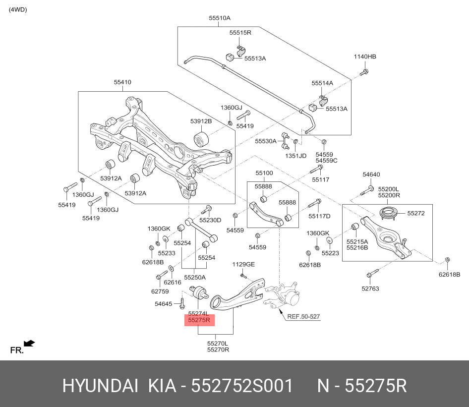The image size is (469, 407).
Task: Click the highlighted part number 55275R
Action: (x=199, y=321)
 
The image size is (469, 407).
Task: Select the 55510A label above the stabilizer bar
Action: (x=220, y=18)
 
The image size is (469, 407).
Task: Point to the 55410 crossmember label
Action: (x=122, y=82)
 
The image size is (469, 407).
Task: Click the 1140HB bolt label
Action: (x=365, y=57)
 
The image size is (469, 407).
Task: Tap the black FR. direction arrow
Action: (x=29, y=343)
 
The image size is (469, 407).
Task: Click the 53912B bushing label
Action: (x=201, y=121)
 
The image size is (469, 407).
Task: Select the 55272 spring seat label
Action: (x=416, y=213)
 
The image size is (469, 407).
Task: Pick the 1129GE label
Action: (x=243, y=264)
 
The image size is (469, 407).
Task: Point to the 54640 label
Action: (x=371, y=174)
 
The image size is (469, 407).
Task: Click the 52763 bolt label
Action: (x=370, y=288)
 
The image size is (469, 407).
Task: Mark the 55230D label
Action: (x=210, y=220)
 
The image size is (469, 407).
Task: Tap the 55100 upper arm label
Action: (x=264, y=173)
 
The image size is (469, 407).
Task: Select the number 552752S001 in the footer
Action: (x=242, y=386)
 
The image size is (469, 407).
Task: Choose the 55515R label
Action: (x=240, y=33)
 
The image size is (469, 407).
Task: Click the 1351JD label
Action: (x=295, y=155)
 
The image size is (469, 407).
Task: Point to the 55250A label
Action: (x=195, y=277)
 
